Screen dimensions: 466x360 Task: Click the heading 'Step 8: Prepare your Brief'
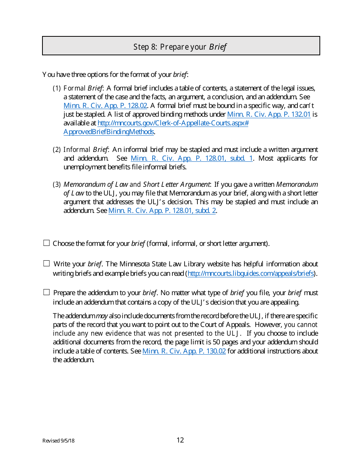[x=180, y=47]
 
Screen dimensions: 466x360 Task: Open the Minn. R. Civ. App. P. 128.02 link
[x=105, y=106]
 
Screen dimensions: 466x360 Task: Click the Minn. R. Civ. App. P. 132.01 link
[x=269, y=114]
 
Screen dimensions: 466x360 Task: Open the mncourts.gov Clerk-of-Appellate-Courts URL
[x=173, y=123]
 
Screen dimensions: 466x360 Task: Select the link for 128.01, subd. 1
[x=191, y=158]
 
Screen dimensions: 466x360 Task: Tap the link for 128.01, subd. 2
[x=162, y=211]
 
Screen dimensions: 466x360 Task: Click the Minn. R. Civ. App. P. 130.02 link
[x=184, y=351]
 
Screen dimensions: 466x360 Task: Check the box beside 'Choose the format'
[x=47, y=243]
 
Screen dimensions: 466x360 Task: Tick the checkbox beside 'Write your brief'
[x=47, y=264]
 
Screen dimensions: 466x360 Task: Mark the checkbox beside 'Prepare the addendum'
[x=47, y=292]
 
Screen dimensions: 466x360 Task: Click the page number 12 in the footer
[x=180, y=440]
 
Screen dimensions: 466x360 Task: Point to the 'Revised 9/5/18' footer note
[x=58, y=441]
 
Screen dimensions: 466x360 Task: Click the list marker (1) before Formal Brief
[x=56, y=88]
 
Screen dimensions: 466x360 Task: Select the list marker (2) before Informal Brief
[x=56, y=150]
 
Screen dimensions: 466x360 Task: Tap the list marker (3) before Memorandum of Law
[x=56, y=185]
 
